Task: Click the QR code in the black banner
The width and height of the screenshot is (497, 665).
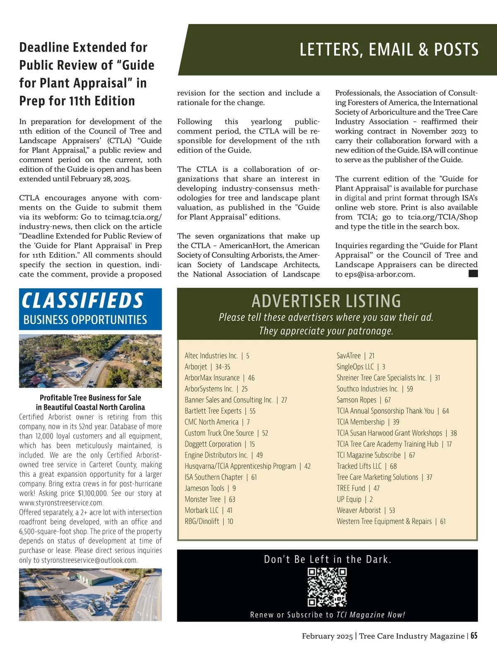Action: tap(327, 587)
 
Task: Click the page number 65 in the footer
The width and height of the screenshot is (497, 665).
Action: tap(474, 636)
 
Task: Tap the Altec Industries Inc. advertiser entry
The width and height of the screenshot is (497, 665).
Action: tap(217, 356)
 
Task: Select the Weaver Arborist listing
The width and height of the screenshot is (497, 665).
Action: tap(366, 510)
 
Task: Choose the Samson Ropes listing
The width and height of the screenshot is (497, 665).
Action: tap(363, 400)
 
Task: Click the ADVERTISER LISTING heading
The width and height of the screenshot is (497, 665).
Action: tap(326, 301)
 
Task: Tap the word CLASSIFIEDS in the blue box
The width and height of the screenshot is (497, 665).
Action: tap(82, 301)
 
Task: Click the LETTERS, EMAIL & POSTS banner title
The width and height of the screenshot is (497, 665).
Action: tap(389, 50)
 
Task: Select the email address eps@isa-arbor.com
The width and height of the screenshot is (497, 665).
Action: tap(375, 274)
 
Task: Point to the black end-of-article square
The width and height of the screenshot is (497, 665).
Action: tap(473, 273)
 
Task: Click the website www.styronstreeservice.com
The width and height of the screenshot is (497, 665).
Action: tap(61, 503)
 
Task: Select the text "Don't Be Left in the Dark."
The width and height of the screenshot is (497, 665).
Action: tap(327, 559)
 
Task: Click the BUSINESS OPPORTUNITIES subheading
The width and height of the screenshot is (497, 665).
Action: tap(85, 320)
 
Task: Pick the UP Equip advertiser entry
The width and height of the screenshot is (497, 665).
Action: tap(355, 499)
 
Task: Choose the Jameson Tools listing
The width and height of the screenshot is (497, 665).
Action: tap(210, 488)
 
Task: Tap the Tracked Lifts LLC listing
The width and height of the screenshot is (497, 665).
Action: tap(367, 466)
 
